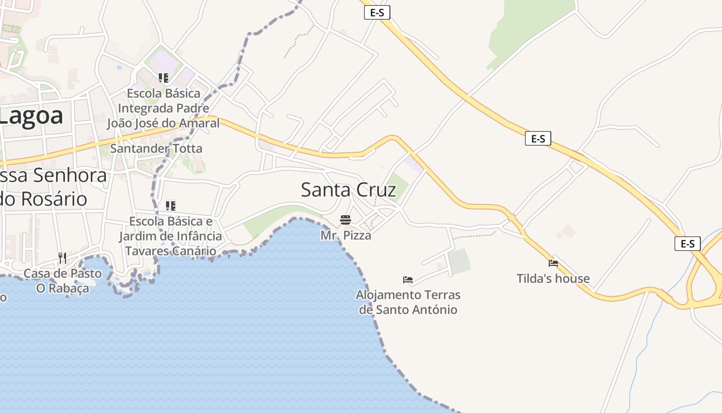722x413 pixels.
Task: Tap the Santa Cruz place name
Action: coord(348,190)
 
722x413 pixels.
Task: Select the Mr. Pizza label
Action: coord(346,235)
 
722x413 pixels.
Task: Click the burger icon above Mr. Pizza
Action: coord(346,220)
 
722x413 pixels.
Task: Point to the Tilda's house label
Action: coord(553,279)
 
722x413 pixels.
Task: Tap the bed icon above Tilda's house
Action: coord(553,263)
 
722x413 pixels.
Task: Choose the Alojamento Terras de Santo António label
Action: coord(408,302)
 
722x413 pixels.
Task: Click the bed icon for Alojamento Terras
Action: coord(408,280)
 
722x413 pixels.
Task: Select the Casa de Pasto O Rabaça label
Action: coord(62,281)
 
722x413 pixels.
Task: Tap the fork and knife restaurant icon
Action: coord(62,258)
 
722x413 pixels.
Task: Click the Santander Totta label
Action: coord(156,149)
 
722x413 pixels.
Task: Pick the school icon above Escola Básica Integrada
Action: coord(163,78)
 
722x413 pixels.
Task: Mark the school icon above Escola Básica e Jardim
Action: coord(171,206)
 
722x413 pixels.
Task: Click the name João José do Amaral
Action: coord(163,123)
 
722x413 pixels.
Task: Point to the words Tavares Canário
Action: coord(171,251)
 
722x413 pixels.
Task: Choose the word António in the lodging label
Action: coord(433,310)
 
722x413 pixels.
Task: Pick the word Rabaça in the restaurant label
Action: coord(69,288)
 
